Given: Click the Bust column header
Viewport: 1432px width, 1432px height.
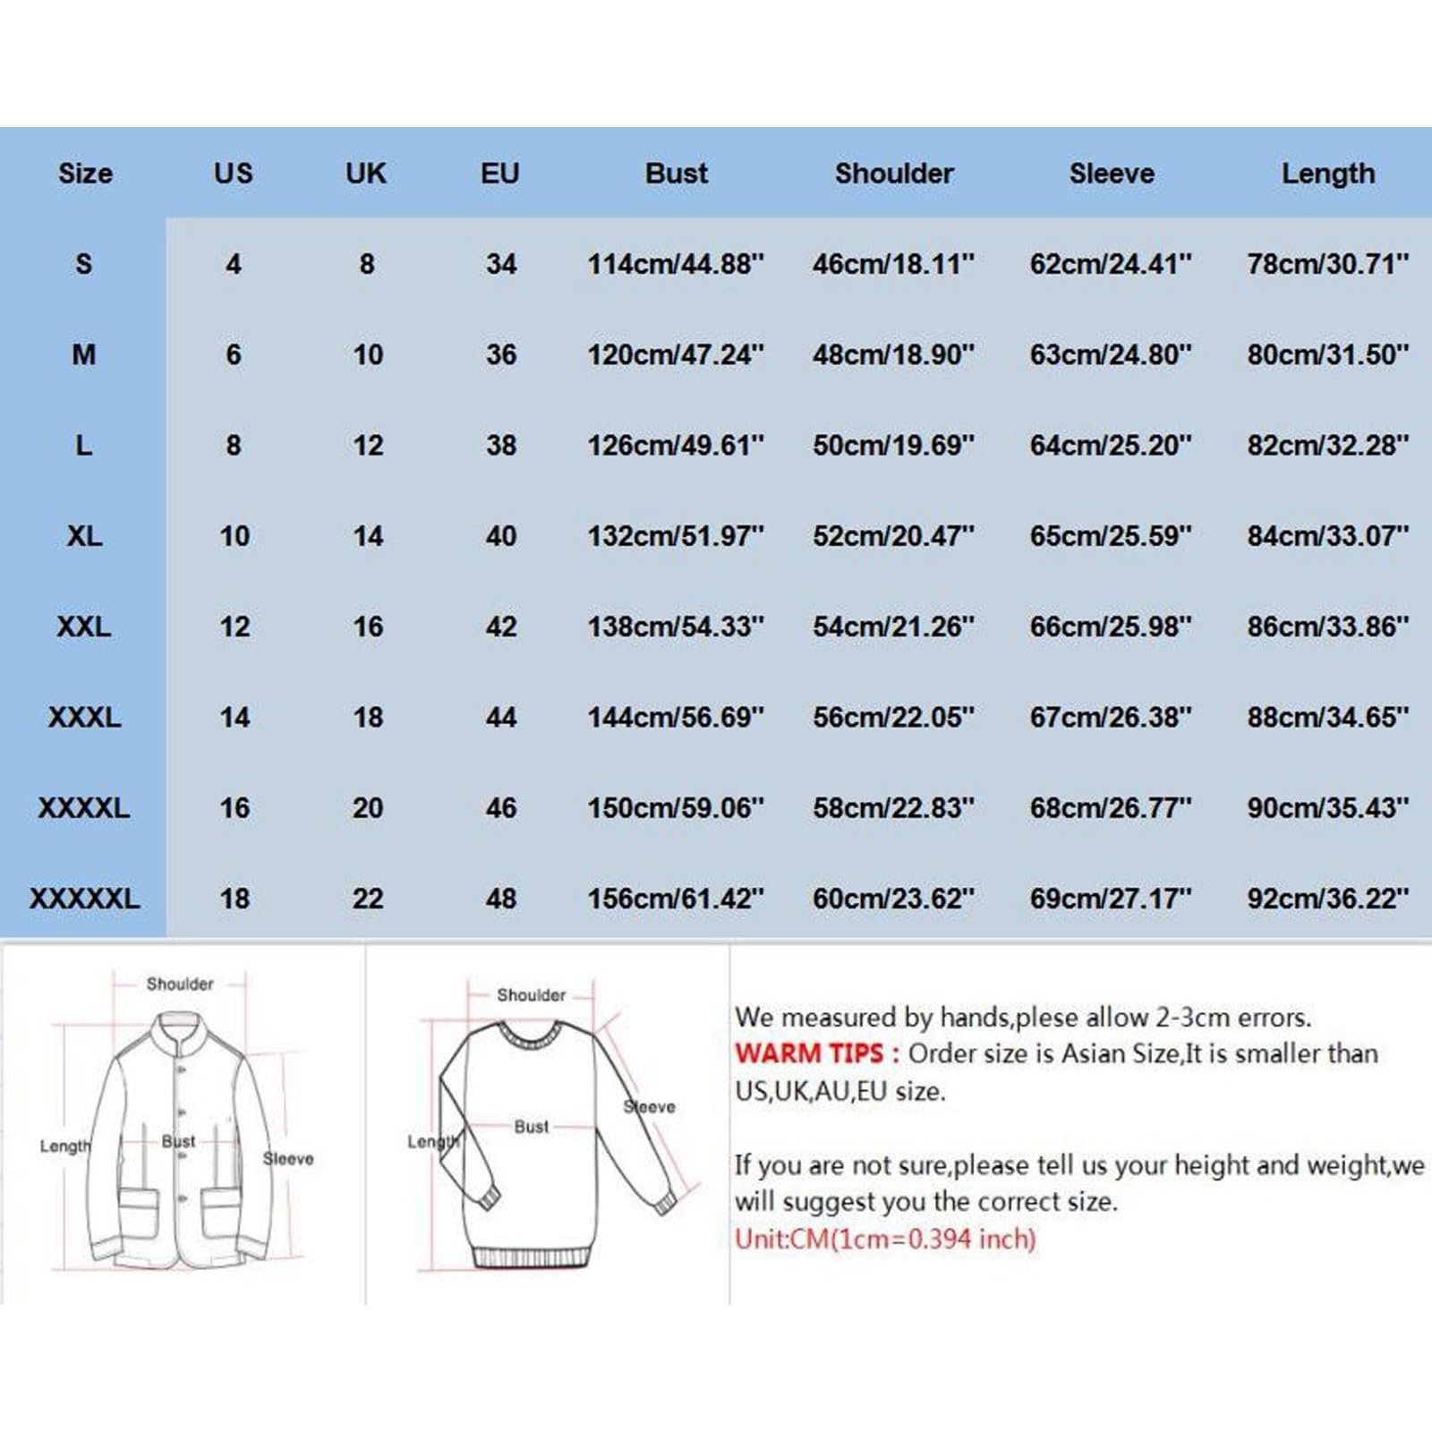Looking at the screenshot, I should tap(676, 173).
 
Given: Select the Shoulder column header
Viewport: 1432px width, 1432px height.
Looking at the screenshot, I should tap(893, 173).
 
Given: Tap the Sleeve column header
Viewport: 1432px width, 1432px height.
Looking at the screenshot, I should tap(1111, 173).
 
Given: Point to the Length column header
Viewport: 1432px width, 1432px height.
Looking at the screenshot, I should tap(1327, 173).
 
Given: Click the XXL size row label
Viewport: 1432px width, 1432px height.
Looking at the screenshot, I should tap(84, 626).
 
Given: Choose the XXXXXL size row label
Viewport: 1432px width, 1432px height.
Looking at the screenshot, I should tap(84, 898).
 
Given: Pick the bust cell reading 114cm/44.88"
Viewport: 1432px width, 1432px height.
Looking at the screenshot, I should tap(676, 264).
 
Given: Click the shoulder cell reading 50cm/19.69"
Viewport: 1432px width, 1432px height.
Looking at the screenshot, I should tap(893, 445).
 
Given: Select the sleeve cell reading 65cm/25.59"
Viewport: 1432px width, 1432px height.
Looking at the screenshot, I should tap(1111, 536).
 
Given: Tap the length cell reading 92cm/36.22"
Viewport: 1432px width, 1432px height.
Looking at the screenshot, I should tap(1327, 898).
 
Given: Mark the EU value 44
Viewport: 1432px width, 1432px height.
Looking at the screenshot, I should tap(500, 717).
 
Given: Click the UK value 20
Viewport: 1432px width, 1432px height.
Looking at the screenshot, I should tap(367, 807).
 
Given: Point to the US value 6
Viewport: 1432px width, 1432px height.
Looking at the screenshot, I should tap(233, 354).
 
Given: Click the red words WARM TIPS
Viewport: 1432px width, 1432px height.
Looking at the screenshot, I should tap(808, 1053).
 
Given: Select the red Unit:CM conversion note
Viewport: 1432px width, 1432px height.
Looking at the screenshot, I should tap(884, 1239).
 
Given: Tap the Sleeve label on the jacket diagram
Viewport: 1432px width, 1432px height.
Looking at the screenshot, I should tap(287, 1158).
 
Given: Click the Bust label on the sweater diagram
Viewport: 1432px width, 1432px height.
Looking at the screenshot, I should tap(531, 1127).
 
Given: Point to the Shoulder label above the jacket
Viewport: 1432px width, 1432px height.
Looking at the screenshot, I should tap(179, 984).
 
